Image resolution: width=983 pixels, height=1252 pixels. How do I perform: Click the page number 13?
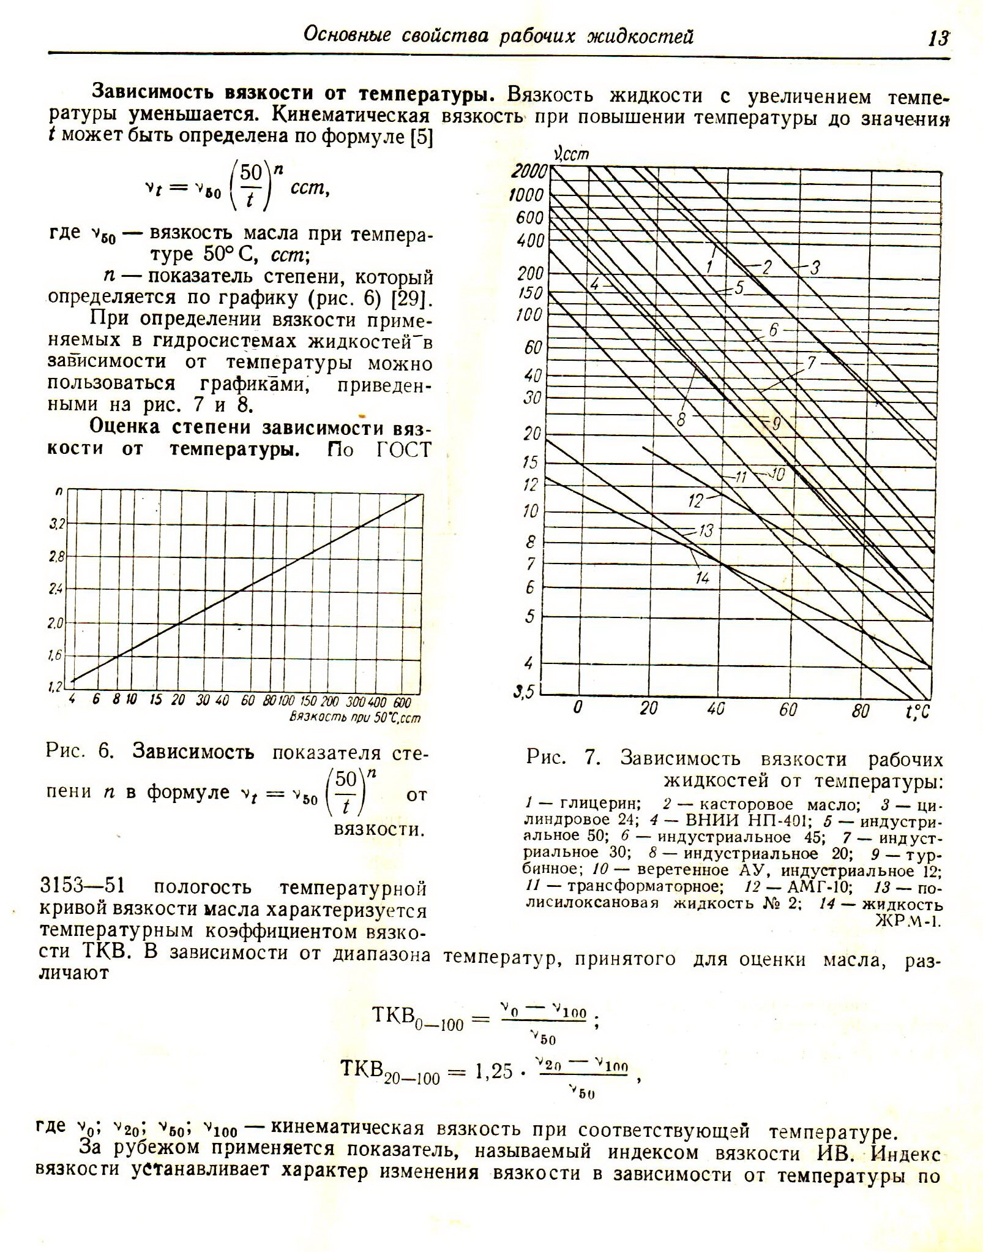[x=937, y=38]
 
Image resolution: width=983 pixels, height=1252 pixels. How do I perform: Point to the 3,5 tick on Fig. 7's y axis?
[x=524, y=692]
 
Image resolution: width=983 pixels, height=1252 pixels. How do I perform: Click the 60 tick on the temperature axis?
[x=788, y=709]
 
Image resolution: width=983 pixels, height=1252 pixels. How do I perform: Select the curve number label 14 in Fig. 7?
[x=702, y=577]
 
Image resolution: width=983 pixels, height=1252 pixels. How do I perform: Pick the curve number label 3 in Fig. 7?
[x=815, y=268]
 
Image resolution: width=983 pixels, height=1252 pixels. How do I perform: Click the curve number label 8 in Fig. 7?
[x=681, y=420]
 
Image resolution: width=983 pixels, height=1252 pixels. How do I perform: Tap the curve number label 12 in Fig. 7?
[x=695, y=501]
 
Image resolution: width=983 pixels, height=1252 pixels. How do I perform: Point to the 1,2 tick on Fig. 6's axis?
[x=56, y=687]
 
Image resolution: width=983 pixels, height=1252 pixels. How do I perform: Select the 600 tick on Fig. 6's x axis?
[x=401, y=702]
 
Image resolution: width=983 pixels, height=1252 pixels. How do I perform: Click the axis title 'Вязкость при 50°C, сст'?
[x=356, y=717]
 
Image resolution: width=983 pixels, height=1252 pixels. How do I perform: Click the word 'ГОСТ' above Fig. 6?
[x=404, y=450]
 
